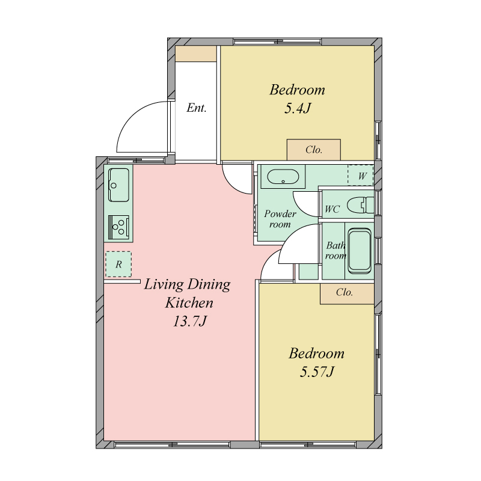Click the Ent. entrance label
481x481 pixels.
coord(197,108)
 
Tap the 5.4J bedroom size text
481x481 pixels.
coord(298,108)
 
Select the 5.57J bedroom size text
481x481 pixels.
coord(317,372)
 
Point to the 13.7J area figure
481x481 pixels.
coord(190,322)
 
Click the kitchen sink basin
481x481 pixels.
coord(118,185)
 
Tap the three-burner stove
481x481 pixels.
coord(118,227)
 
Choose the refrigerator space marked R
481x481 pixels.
coord(118,264)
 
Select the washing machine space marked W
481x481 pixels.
coord(361,176)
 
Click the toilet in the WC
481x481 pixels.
coord(361,205)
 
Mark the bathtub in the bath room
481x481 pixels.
coord(360,251)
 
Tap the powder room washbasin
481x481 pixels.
coord(283,177)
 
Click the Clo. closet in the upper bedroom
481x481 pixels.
coord(313,150)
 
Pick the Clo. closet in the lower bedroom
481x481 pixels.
coord(347,293)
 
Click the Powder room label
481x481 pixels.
coord(280,219)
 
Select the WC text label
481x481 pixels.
coord(332,209)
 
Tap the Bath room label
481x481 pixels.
coord(335,250)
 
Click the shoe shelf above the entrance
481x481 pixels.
coord(196,54)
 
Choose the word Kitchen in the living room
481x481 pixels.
coord(189,303)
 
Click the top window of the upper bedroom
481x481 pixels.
coord(277,41)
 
